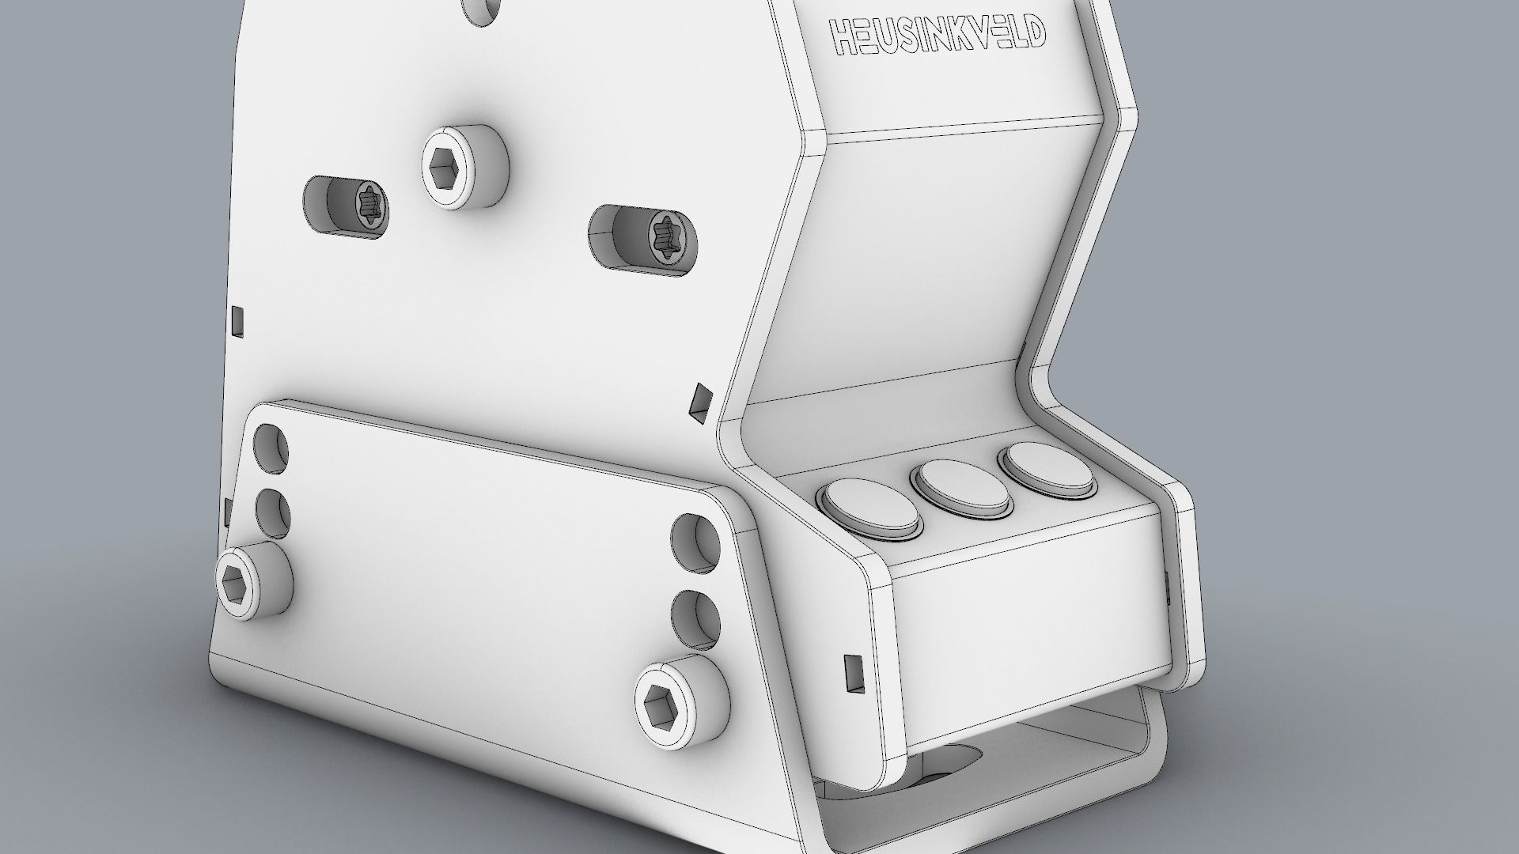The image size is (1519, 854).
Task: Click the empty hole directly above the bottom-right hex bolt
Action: click(696, 618)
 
